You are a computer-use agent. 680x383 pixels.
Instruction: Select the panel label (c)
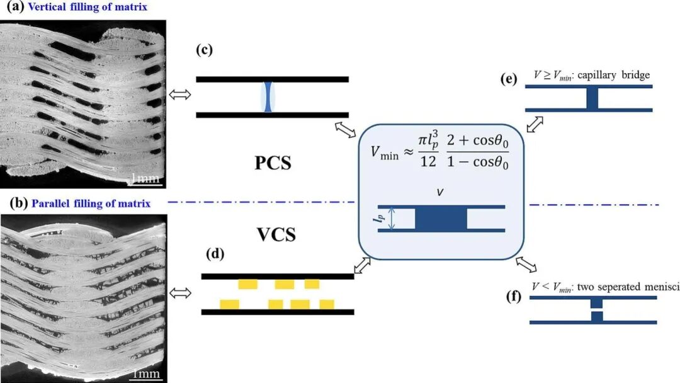pyautogui.click(x=204, y=50)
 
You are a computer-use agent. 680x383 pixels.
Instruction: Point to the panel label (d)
pyautogui.click(x=215, y=253)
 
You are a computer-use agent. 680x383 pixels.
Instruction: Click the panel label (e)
pyautogui.click(x=508, y=79)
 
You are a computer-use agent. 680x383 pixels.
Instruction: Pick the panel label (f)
pyautogui.click(x=514, y=297)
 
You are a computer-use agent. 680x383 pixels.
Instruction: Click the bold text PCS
pyautogui.click(x=273, y=163)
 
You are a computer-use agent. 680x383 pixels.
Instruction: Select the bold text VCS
pyautogui.click(x=276, y=234)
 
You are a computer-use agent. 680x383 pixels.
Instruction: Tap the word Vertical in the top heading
pyautogui.click(x=43, y=7)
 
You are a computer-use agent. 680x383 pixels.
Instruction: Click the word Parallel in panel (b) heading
pyautogui.click(x=47, y=203)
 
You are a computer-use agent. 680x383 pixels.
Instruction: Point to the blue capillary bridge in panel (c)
pyautogui.click(x=268, y=97)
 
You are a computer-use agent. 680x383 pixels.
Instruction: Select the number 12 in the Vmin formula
pyautogui.click(x=428, y=161)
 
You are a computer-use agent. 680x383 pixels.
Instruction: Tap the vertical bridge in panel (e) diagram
pyautogui.click(x=592, y=98)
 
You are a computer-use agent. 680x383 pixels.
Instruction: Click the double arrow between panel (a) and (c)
pyautogui.click(x=180, y=94)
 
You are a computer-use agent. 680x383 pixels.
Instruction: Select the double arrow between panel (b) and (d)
pyautogui.click(x=180, y=294)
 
